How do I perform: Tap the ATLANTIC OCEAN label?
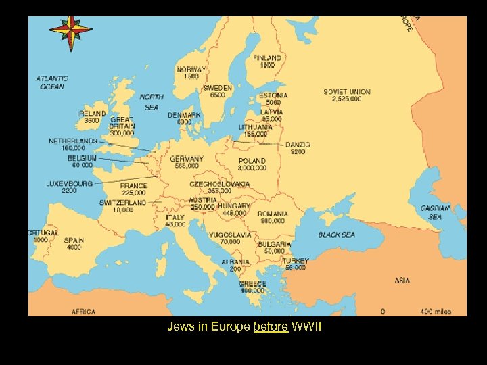pos(52,82)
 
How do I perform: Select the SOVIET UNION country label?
pos(346,92)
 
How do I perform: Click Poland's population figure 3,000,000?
pos(252,168)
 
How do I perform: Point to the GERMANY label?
pos(186,159)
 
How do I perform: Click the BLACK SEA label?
pos(336,235)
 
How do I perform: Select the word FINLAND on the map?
pos(267,59)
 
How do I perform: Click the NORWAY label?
pos(191,70)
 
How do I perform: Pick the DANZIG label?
pos(298,145)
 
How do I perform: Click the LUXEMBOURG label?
pos(70,183)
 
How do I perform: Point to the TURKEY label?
pos(296,261)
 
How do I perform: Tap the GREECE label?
pos(252,284)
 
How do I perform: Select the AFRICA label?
pos(84,312)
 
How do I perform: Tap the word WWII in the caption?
pos(307,328)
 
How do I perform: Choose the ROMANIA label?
pos(272,214)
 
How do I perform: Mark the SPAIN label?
pos(74,240)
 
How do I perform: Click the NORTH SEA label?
pos(152,101)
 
